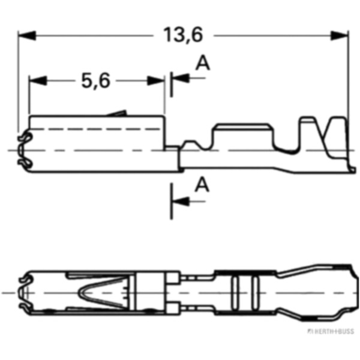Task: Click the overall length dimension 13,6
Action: point(184,35)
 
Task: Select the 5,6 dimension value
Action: point(96,80)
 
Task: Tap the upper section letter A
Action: point(203,64)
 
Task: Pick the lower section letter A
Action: point(203,185)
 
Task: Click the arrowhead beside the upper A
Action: point(180,78)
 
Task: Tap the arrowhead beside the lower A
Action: point(180,202)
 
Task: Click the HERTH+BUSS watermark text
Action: point(329,331)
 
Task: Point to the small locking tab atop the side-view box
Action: point(118,113)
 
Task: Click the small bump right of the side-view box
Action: point(191,145)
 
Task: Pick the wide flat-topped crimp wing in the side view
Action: point(242,135)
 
